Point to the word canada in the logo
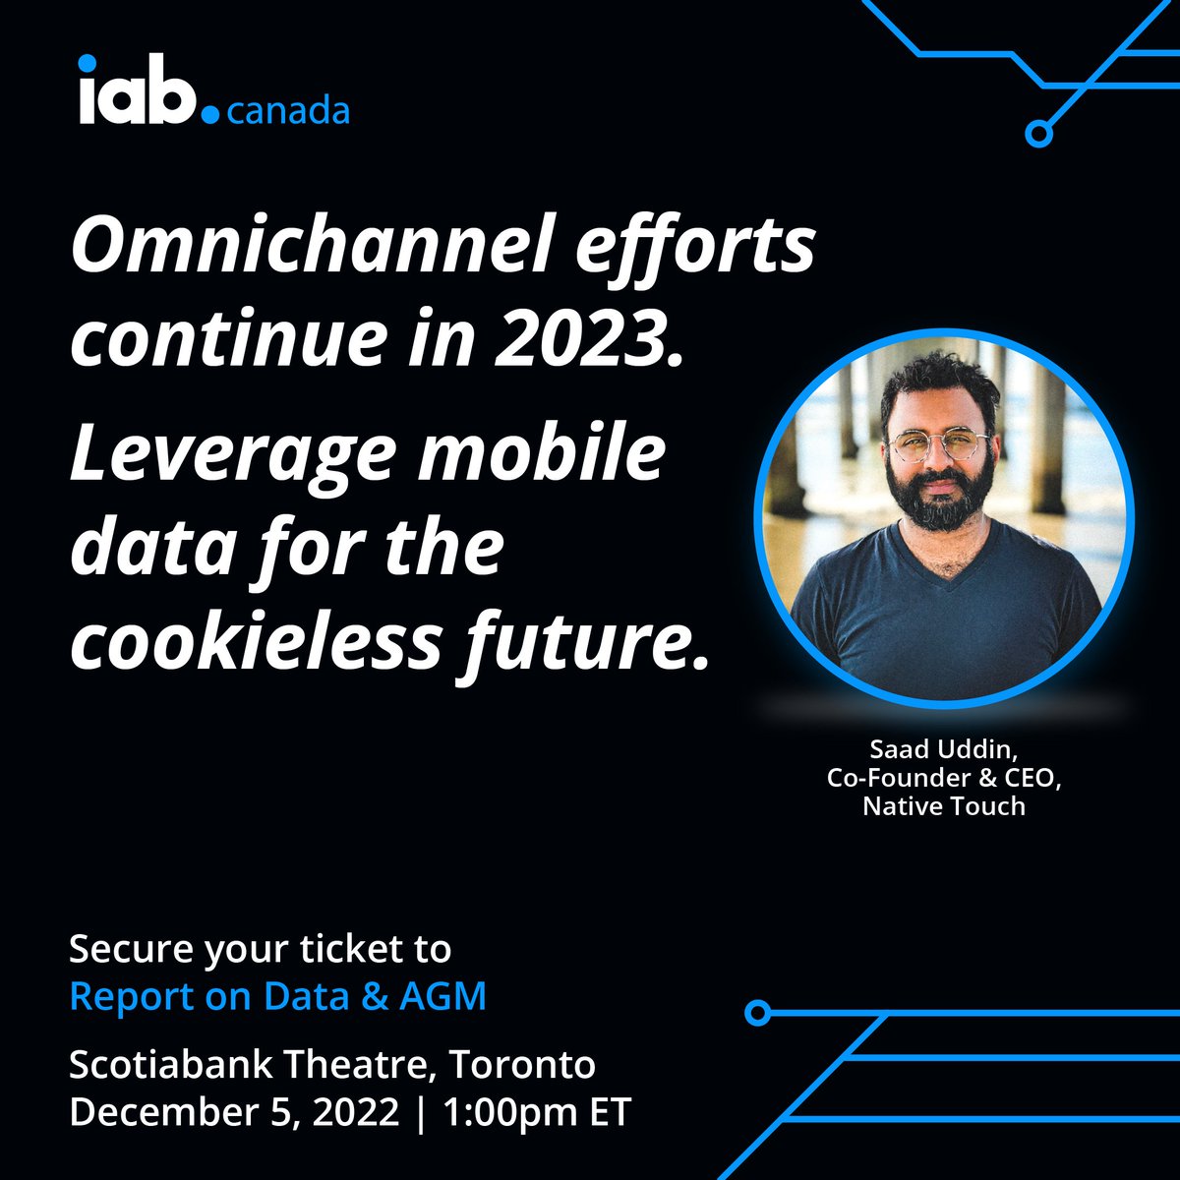click(x=288, y=111)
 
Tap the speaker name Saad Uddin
click(x=942, y=749)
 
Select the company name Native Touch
click(x=943, y=806)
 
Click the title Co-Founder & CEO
click(x=944, y=778)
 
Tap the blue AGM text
click(x=442, y=997)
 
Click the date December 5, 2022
click(x=234, y=1113)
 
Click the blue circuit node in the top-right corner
click(x=1037, y=133)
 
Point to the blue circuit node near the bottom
click(x=756, y=1011)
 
